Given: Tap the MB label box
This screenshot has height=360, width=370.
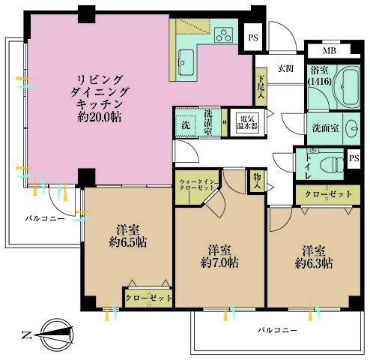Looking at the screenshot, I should point(330,51).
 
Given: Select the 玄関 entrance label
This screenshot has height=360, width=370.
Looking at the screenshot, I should point(285,68).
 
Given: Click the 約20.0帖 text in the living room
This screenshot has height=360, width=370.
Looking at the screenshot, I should point(98,118).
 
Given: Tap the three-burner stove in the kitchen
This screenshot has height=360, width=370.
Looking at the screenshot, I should point(223,34).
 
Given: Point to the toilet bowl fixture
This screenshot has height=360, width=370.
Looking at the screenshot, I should point(327,163).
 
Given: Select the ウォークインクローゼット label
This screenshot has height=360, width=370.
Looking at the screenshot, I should point(197,185).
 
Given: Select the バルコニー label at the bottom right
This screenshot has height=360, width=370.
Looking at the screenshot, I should point(277,330).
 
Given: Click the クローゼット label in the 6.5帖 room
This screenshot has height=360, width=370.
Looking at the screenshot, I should point(148,298).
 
